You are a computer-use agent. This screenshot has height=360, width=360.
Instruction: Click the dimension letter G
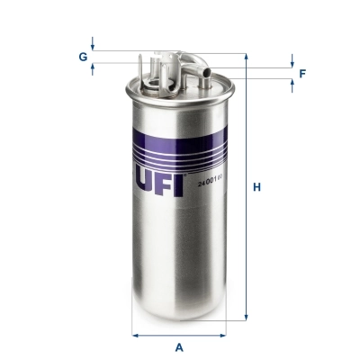click(82, 57)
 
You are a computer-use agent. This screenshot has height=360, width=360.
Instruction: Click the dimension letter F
click(302, 73)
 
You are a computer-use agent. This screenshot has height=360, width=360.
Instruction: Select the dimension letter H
click(256, 187)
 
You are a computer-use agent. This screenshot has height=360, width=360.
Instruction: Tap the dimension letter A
click(179, 346)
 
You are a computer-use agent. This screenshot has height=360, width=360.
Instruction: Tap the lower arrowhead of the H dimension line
click(246, 318)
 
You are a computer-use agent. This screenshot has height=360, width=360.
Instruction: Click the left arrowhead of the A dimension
click(136, 335)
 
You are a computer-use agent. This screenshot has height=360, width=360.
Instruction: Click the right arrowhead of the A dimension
click(222, 335)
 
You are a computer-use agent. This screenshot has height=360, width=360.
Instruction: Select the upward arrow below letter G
click(93, 70)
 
